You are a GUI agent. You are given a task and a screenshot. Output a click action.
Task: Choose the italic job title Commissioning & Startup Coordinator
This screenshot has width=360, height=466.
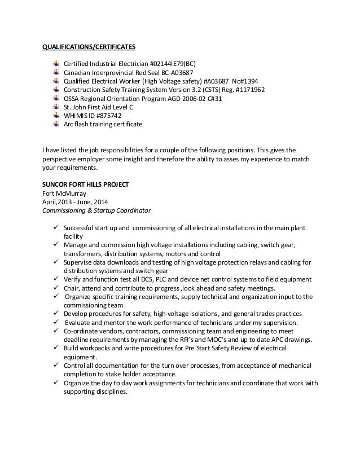pyautogui.click(x=94, y=211)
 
